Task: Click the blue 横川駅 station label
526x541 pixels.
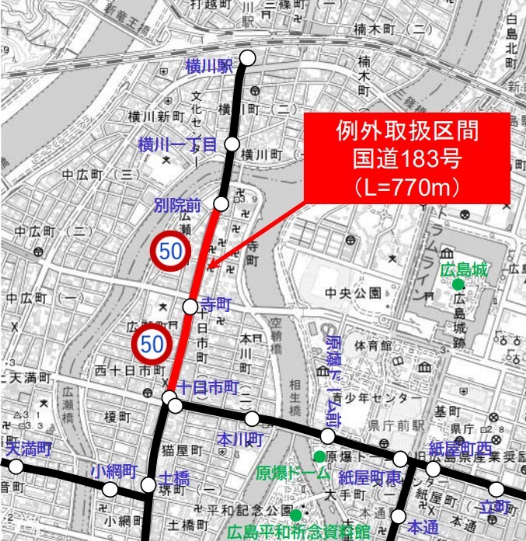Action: click(x=209, y=66)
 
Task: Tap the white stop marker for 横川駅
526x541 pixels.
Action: click(x=248, y=57)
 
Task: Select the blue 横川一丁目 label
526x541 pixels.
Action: click(x=176, y=144)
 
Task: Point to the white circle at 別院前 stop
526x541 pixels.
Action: click(x=221, y=203)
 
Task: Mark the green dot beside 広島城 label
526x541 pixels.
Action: click(x=458, y=285)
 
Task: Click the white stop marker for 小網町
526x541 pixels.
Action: click(x=110, y=489)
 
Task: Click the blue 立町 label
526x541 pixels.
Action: click(x=496, y=507)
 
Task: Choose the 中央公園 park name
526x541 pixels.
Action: click(x=354, y=293)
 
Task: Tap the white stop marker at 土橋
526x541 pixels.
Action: click(x=148, y=486)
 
